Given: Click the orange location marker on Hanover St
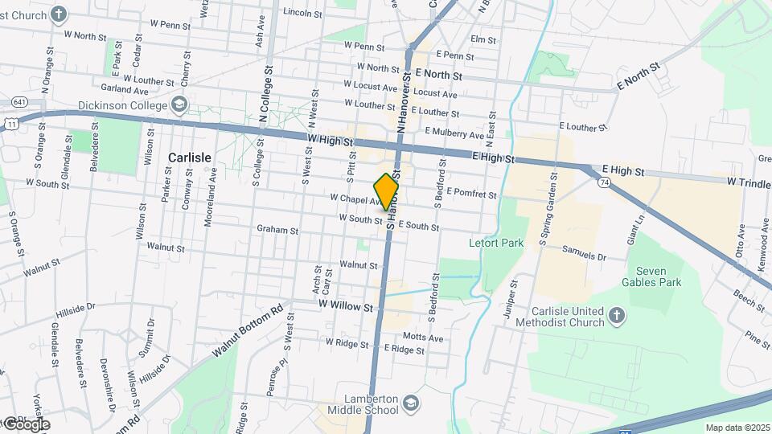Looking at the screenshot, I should point(387,191).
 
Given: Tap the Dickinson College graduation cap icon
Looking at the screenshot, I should point(179,105).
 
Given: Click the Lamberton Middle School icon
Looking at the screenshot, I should point(410,403).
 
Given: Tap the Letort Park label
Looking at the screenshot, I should point(496,242).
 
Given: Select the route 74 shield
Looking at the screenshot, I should point(603,183).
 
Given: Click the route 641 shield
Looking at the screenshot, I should point(19,102).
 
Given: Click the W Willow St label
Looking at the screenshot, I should point(346,307).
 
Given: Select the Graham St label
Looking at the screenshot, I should point(277,230).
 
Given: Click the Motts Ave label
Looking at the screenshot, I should point(423,338).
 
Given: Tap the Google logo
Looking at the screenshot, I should point(26,424).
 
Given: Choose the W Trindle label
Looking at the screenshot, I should point(748,183).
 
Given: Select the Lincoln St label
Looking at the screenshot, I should point(302,13).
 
